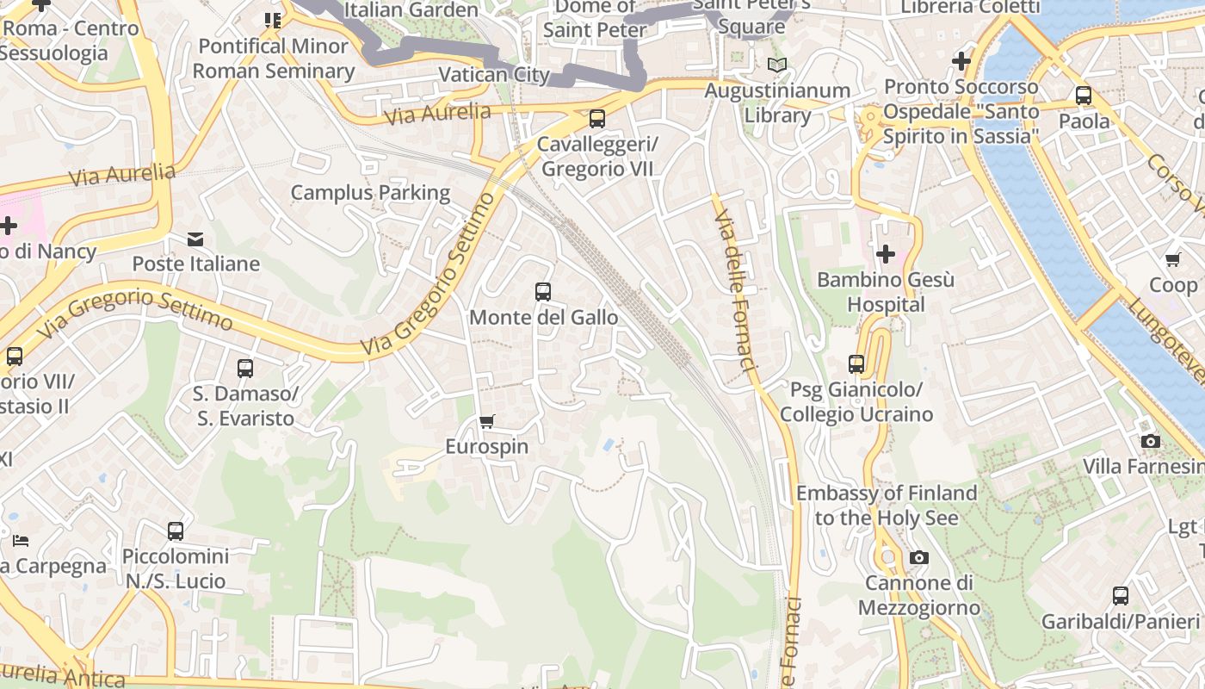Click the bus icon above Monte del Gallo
pos(542,292)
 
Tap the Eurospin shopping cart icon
pos(487,421)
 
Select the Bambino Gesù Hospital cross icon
pos(885,254)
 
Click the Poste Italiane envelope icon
pos(196,239)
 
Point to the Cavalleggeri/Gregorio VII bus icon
pos(596,119)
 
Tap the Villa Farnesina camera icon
pos(1150,442)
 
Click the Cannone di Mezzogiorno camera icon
pos(918,558)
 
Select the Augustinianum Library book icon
pos(777,65)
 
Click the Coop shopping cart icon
pos(1172,259)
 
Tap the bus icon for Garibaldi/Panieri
pos(1120,595)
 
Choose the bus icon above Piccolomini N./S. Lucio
pos(176,531)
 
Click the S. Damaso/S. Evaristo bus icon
pos(245,369)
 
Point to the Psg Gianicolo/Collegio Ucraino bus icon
pos(856,364)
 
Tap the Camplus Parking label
pos(370,192)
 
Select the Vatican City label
pos(494,74)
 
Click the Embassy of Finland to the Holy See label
pos(887,505)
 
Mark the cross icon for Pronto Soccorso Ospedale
pos(961,61)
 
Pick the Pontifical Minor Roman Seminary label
pos(274,58)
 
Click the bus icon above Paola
pos(1084,96)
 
